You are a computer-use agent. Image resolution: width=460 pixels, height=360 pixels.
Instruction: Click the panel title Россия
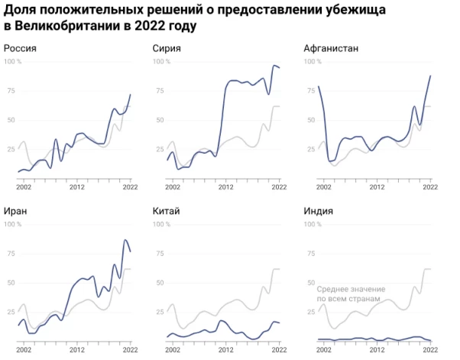[21, 49]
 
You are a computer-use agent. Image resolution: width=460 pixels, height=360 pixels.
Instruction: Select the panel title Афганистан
[331, 49]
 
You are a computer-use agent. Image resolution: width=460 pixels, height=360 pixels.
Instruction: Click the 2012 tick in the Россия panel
[76, 186]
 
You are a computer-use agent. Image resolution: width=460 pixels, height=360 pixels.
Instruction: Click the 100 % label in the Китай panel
[163, 225]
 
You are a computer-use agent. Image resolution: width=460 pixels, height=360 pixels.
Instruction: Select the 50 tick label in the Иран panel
[10, 283]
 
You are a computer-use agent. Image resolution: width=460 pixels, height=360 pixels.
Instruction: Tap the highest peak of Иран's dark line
[125, 240]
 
